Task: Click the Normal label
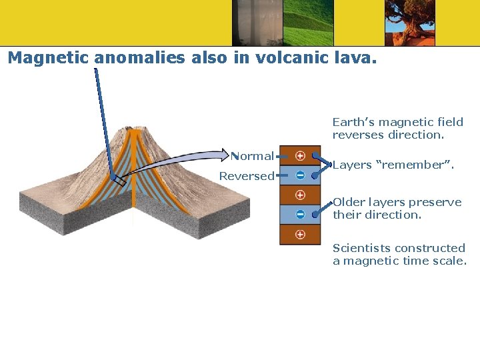point(253,156)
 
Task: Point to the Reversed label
point(247,176)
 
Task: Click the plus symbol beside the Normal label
point(300,156)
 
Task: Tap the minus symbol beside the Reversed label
point(300,175)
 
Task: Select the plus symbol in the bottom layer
point(300,234)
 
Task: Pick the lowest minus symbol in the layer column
point(300,215)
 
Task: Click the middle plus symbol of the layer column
point(300,195)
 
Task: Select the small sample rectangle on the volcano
point(118,180)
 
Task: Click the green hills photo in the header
point(308,23)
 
